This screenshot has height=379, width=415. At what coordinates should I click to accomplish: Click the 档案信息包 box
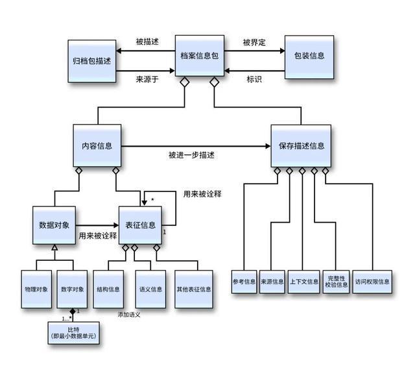point(200,56)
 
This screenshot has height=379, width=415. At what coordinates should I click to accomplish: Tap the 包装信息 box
point(309,56)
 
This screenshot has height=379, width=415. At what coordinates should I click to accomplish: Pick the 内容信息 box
point(97,146)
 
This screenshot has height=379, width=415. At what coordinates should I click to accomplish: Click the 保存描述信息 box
point(301,146)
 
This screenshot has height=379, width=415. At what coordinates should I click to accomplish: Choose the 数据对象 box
point(54,225)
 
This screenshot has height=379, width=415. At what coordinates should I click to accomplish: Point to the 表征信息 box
point(140,225)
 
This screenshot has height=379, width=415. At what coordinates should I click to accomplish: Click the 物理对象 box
point(36,289)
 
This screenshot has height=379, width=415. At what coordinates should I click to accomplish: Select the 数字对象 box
point(72,289)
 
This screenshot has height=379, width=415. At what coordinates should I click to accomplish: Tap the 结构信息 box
point(109,289)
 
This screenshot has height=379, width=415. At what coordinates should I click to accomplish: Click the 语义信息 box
point(150,289)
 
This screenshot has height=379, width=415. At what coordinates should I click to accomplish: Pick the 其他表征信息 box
point(194,289)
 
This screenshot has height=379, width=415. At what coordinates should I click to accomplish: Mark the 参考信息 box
point(244,282)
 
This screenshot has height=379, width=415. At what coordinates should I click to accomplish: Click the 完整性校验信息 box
point(336,282)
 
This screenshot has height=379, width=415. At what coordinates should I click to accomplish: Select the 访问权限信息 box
point(372,282)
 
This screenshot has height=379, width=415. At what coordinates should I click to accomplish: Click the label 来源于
point(147,80)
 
